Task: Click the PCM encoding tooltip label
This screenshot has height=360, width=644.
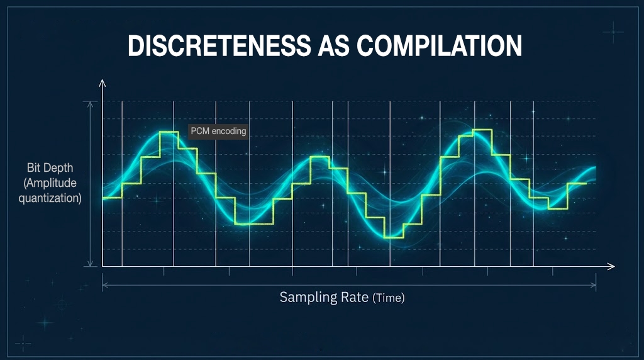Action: click(x=218, y=131)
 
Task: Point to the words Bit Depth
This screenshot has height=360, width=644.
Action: click(x=50, y=168)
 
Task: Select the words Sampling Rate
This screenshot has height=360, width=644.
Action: click(x=324, y=297)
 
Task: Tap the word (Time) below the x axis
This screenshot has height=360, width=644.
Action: click(x=389, y=298)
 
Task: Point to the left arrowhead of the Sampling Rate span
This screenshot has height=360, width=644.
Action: click(x=104, y=285)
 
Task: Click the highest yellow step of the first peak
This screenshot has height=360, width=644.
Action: click(x=169, y=132)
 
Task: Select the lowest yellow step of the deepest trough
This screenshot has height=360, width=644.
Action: click(x=393, y=237)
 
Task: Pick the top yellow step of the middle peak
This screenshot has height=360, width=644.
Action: click(x=319, y=157)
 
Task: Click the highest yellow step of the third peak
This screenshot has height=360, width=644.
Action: click(x=481, y=130)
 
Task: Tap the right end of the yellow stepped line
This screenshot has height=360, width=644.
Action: click(x=586, y=183)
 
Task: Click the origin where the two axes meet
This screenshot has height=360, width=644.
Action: click(x=103, y=267)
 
